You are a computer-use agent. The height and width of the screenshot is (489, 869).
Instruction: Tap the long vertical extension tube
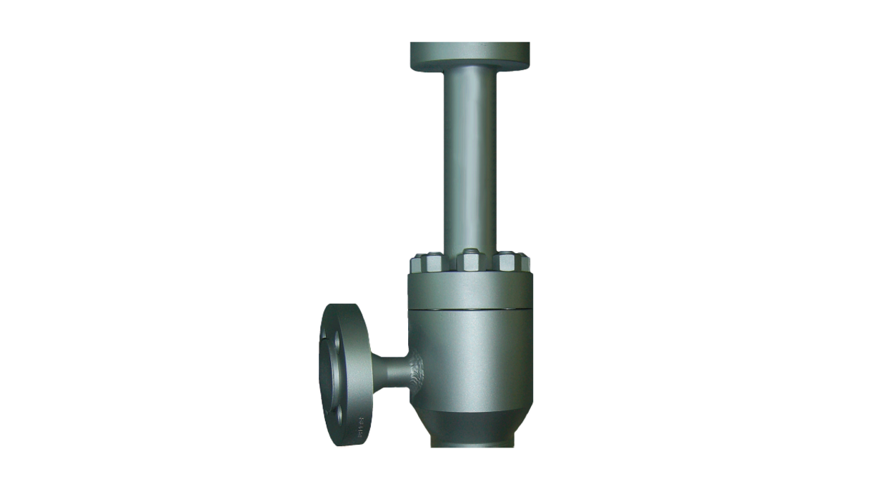(470, 157)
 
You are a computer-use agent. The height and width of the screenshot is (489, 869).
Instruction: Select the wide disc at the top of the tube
(470, 54)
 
